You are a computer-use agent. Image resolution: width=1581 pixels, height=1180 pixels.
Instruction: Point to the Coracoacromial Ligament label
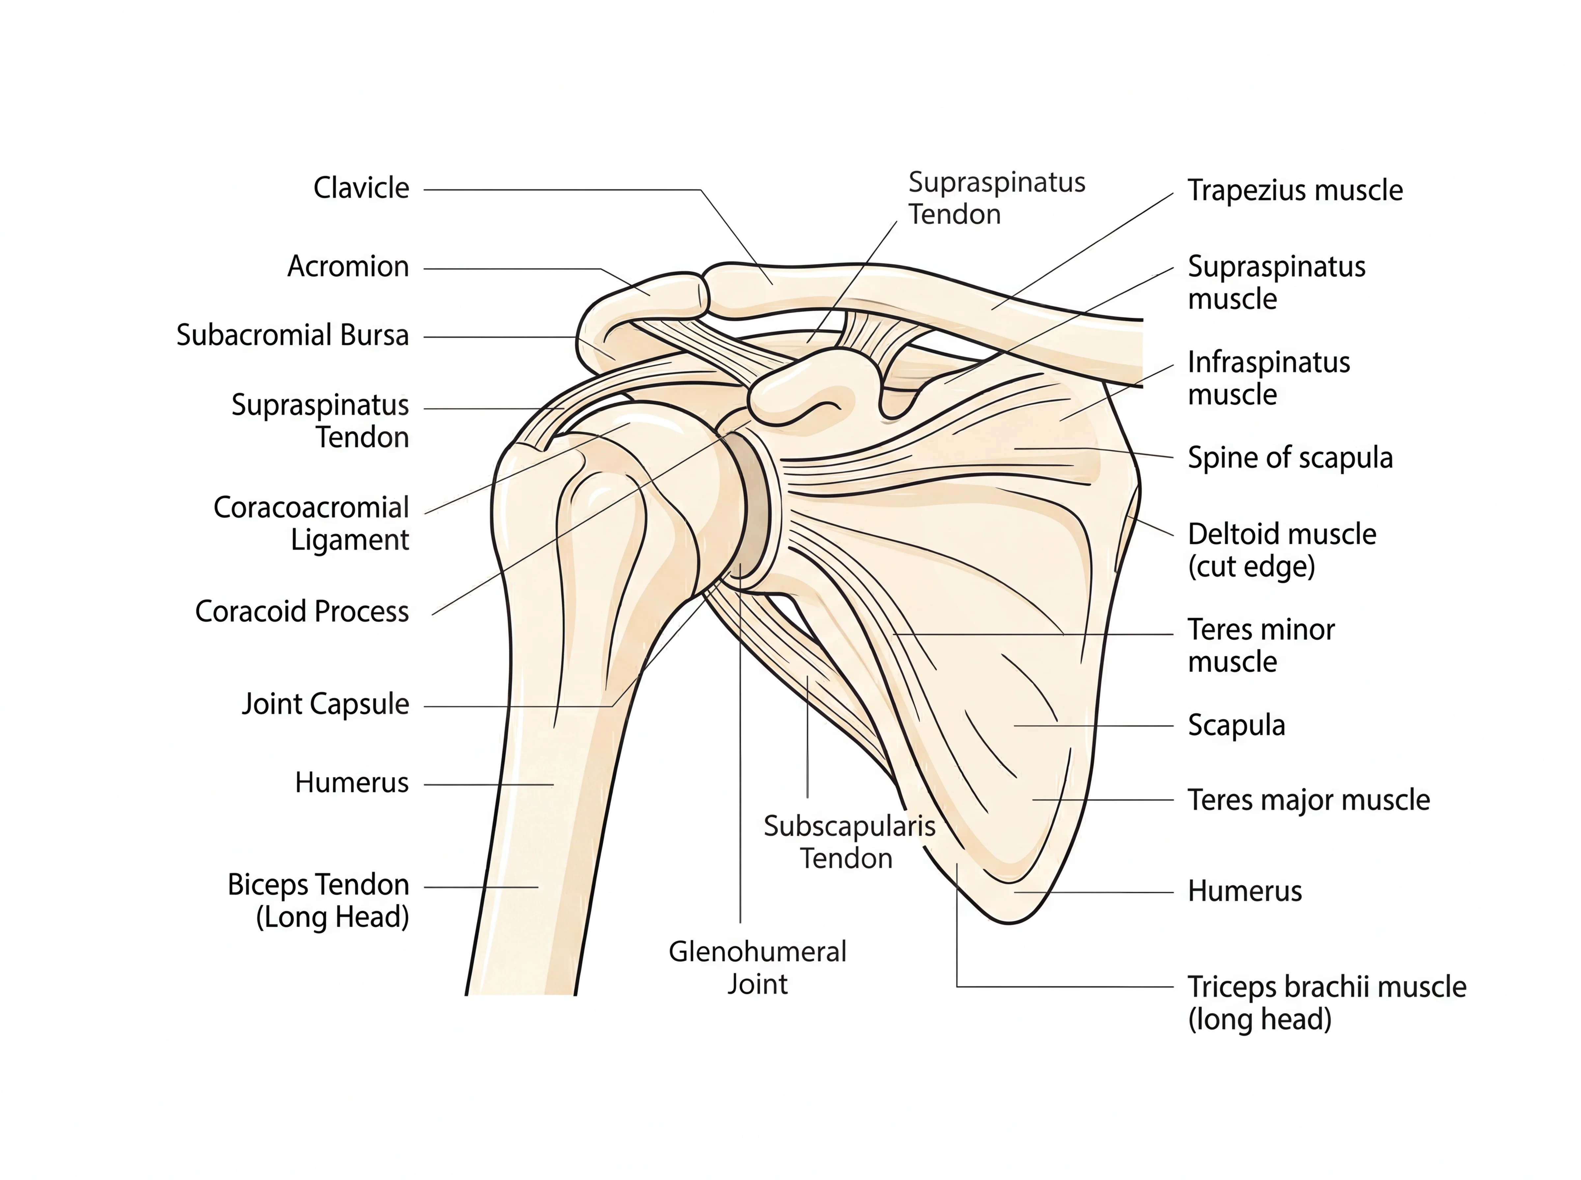pyautogui.click(x=312, y=523)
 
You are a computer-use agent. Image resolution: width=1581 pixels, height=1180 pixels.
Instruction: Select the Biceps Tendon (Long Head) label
pyautogui.click(x=319, y=901)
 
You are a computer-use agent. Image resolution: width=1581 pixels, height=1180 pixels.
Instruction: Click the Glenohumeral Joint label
pyautogui.click(x=757, y=968)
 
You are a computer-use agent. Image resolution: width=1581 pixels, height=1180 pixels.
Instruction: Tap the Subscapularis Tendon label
pyautogui.click(x=849, y=842)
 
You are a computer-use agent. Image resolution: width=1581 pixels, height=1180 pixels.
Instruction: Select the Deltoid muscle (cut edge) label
pyautogui.click(x=1281, y=550)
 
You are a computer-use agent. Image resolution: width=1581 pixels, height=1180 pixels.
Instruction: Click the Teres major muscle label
pyautogui.click(x=1308, y=800)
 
